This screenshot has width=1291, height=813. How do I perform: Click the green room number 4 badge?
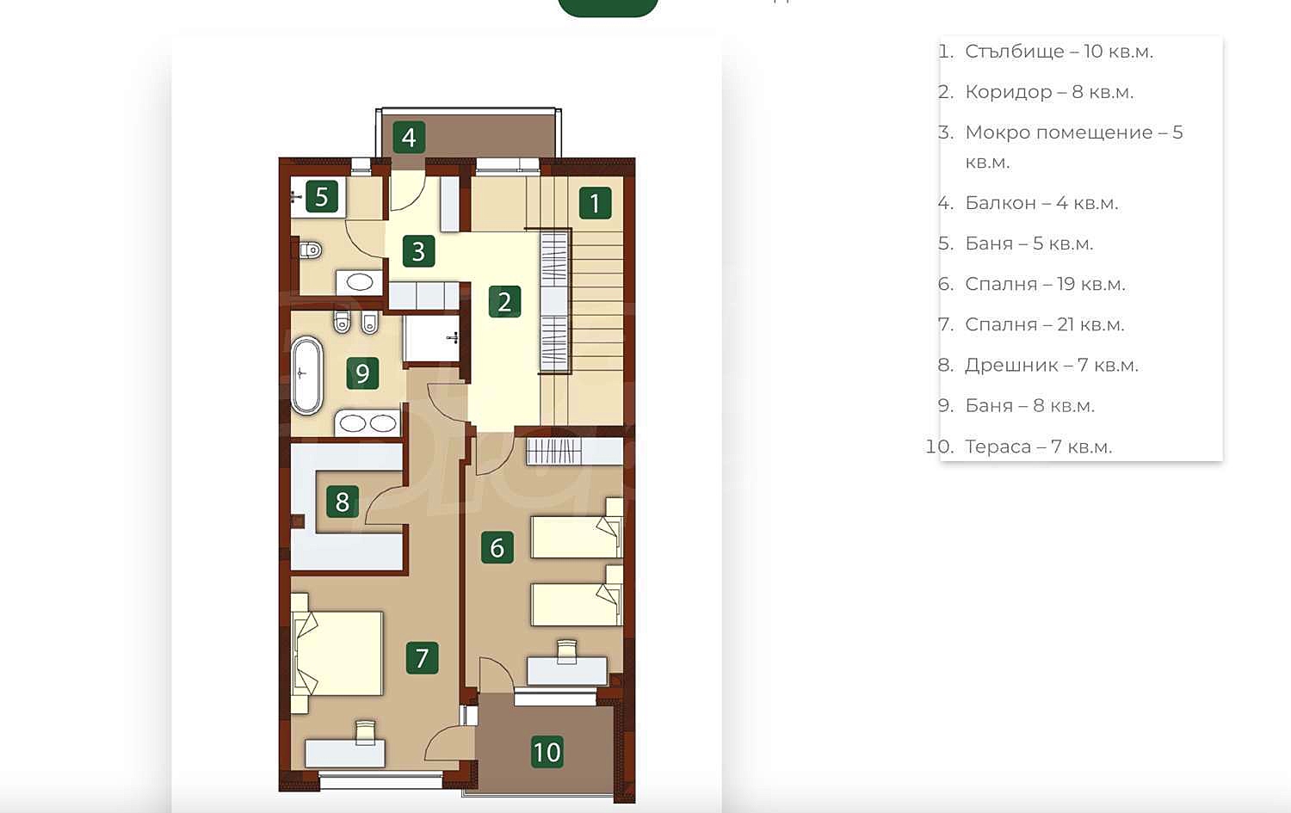(409, 137)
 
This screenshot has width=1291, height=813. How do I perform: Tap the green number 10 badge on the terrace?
(547, 752)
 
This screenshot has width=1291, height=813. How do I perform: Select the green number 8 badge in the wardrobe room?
(343, 502)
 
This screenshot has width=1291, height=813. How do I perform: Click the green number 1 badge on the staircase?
(596, 203)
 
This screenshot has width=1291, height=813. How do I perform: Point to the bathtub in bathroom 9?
(306, 375)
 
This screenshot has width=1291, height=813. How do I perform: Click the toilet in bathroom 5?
(310, 250)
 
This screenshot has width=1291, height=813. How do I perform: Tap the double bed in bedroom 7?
(338, 653)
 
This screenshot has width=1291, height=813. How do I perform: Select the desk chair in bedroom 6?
(567, 650)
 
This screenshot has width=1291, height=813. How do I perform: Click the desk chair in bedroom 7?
(366, 732)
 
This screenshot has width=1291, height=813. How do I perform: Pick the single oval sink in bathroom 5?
(359, 282)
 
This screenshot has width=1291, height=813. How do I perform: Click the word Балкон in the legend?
(1000, 203)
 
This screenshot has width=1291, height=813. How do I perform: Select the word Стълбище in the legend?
(1015, 52)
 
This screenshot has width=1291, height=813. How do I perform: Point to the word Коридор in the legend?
(1009, 92)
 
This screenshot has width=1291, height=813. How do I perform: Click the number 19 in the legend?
(1066, 284)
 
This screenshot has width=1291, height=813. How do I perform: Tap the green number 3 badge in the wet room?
(419, 251)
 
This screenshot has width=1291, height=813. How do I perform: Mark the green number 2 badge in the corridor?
(505, 302)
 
